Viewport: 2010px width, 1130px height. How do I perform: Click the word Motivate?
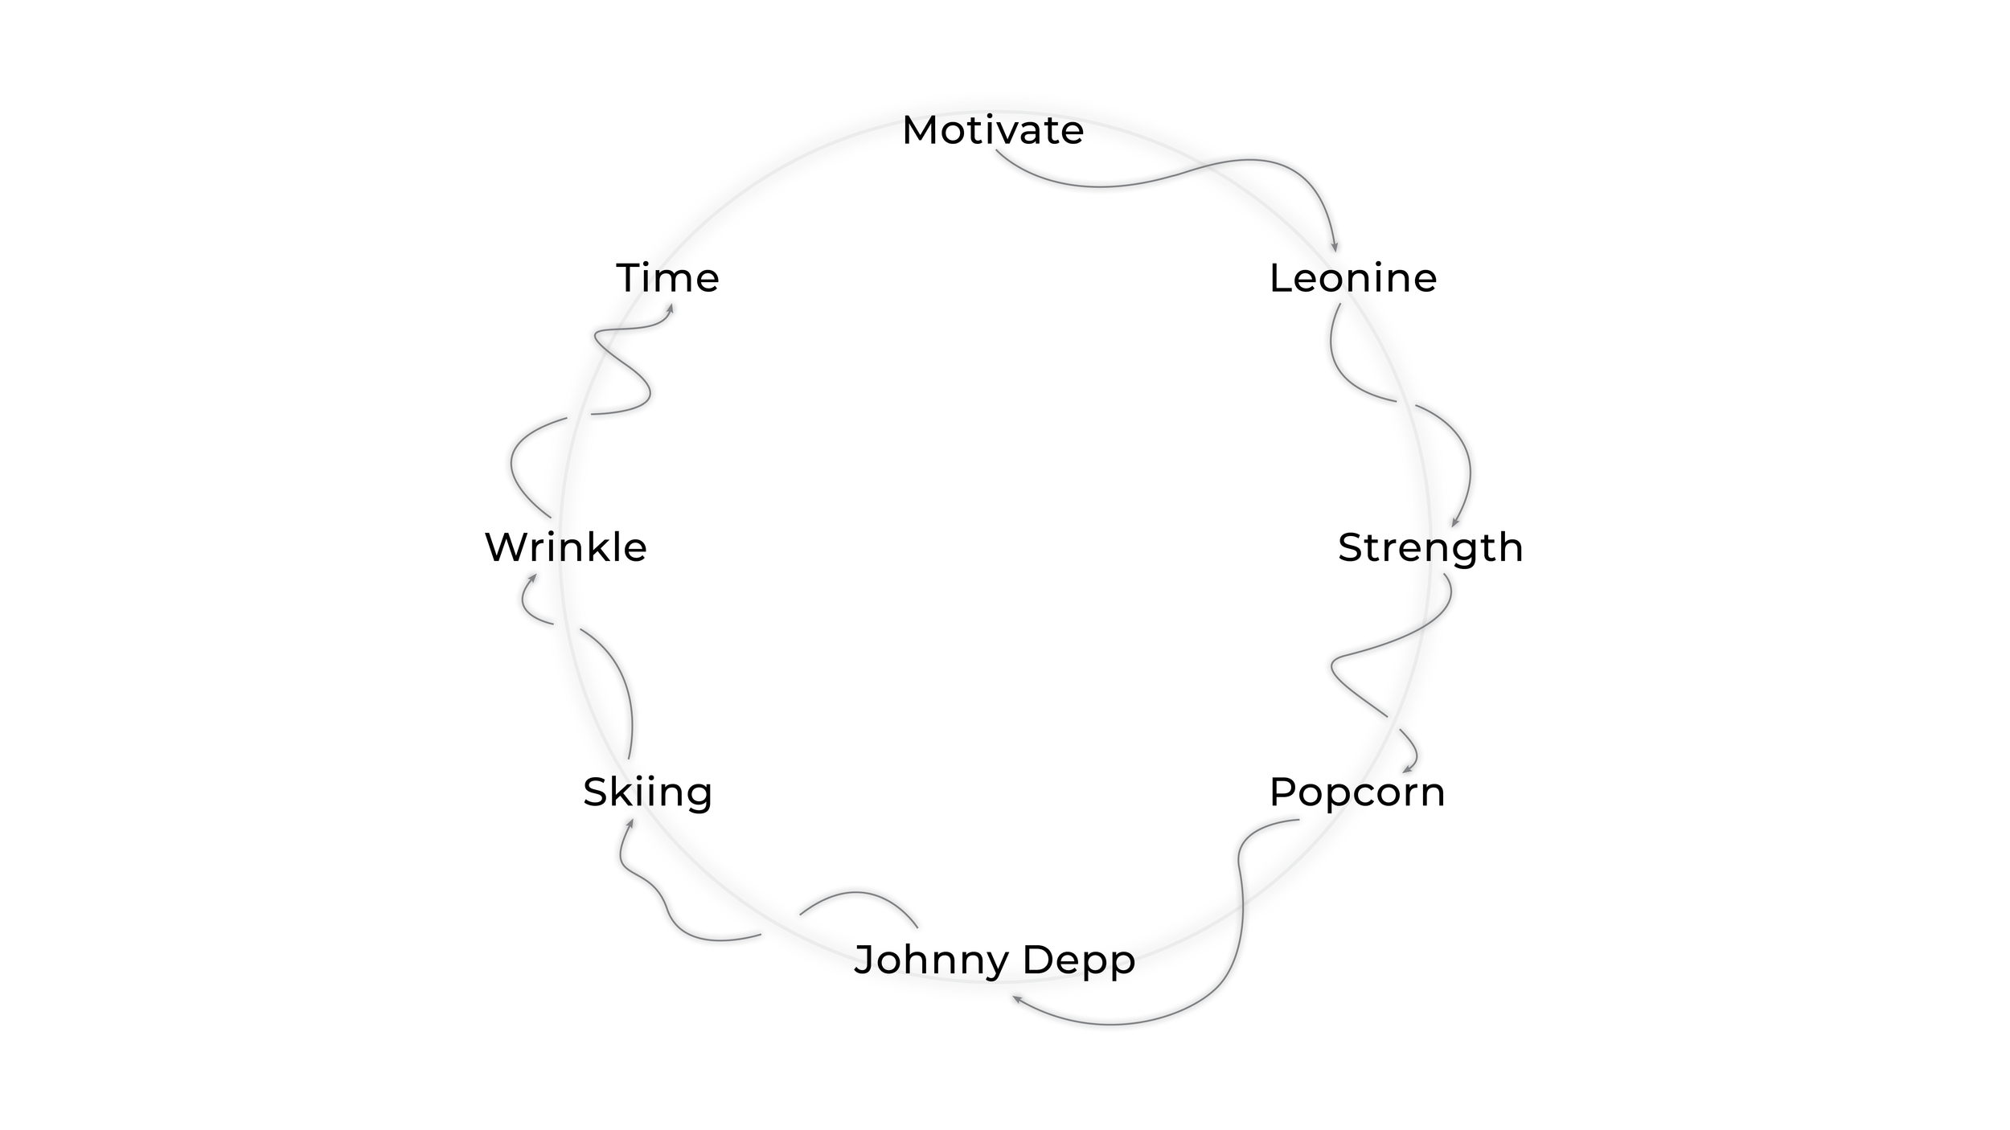[993, 130]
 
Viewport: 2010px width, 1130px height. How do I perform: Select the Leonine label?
[1352, 278]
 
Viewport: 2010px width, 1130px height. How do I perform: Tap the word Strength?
[1430, 548]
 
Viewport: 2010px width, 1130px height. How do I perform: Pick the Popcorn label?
[1357, 792]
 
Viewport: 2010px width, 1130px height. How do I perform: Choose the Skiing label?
[647, 792]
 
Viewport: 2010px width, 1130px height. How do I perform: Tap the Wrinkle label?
[566, 548]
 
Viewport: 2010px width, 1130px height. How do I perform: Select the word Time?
[667, 278]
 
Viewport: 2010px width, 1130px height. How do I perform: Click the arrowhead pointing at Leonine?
[1335, 248]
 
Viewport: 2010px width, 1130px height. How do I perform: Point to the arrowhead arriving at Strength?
[1454, 523]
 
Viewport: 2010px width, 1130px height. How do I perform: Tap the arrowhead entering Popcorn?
[1406, 770]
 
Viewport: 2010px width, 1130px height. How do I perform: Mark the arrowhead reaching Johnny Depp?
[1016, 999]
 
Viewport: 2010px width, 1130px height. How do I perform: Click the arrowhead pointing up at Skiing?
[630, 823]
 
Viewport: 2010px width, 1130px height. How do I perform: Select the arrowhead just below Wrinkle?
[532, 578]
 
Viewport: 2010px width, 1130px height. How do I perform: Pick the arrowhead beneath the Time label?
[670, 308]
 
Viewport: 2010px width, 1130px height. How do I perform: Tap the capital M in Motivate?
[919, 130]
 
